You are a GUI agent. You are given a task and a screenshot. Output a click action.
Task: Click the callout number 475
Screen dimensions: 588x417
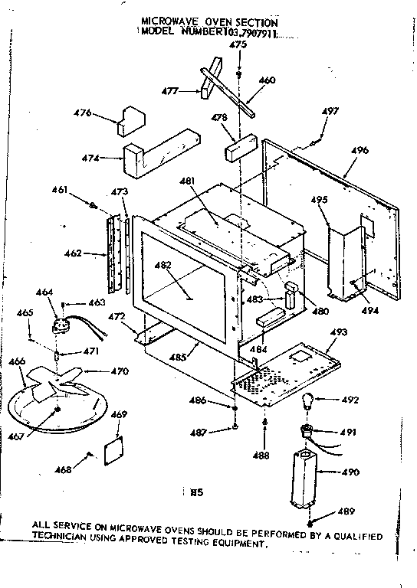point(238,46)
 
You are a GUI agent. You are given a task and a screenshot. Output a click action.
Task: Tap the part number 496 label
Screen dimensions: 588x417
point(360,150)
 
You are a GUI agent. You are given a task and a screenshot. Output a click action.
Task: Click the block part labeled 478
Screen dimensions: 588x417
point(238,145)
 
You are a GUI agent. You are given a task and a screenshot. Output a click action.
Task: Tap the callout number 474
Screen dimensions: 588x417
point(90,158)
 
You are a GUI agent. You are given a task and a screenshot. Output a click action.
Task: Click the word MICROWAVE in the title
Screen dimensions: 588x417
point(173,23)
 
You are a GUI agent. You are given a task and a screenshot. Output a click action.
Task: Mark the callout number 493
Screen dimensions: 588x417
point(339,331)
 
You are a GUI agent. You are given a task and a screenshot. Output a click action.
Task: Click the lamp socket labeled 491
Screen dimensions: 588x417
point(307,433)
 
